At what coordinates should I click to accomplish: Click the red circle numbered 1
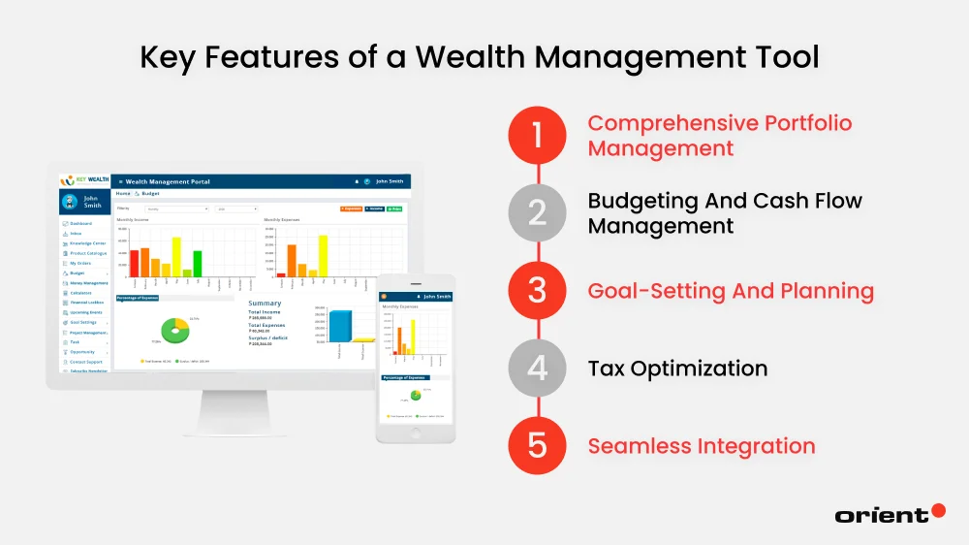[x=538, y=136]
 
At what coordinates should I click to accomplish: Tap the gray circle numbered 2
[x=538, y=213]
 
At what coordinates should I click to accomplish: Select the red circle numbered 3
[x=538, y=291]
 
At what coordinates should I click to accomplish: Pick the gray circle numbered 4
[x=538, y=369]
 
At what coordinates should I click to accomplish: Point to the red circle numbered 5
[x=538, y=446]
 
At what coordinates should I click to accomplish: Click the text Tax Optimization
[x=677, y=369]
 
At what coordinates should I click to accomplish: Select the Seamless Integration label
[x=702, y=446]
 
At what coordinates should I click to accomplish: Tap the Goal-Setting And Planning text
[x=731, y=291]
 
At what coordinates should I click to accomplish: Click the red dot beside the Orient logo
[x=938, y=510]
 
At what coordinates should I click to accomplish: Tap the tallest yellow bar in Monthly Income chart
[x=176, y=257]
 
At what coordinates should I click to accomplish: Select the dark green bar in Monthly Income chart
[x=198, y=264]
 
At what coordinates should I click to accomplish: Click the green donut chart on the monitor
[x=175, y=330]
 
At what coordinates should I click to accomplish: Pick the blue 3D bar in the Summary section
[x=340, y=325]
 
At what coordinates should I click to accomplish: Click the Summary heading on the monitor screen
[x=265, y=304]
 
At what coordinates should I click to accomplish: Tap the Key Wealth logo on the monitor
[x=84, y=180]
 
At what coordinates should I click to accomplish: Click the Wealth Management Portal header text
[x=168, y=181]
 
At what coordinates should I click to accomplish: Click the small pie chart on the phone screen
[x=415, y=395]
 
